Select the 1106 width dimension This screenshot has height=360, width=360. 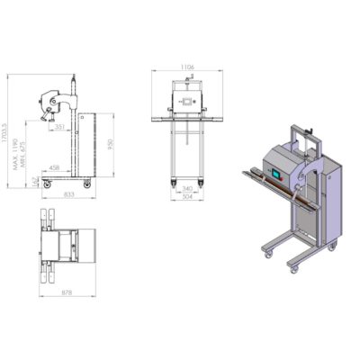tap(187, 67)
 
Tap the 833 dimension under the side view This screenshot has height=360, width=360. tap(69, 194)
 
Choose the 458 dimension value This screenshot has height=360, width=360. tap(55, 167)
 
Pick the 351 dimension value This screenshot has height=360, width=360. tap(58, 128)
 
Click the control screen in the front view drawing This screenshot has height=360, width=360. tap(187, 100)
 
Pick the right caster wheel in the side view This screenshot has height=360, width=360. tap(86, 184)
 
